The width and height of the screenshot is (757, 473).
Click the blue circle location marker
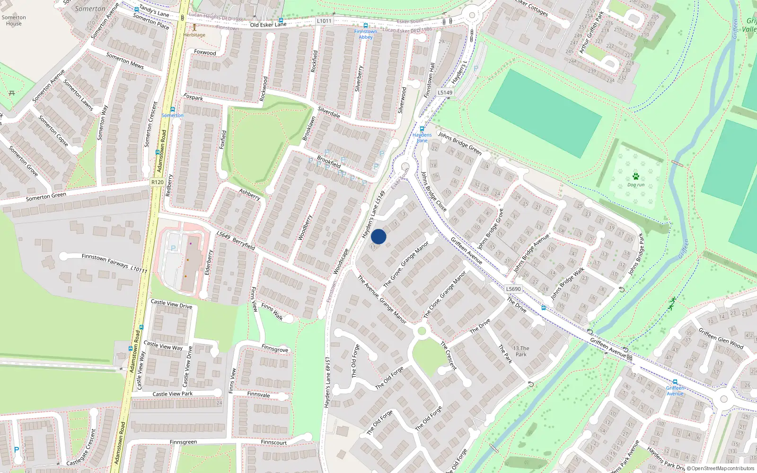pos(378,236)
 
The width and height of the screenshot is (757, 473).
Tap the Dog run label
pos(636,185)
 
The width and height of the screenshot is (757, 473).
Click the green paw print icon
pos(636,176)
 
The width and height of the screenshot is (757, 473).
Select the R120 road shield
pos(158,182)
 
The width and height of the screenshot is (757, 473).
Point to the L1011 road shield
pos(324,21)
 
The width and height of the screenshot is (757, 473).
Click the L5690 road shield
pos(513,289)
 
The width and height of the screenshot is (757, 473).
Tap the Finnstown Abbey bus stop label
pos(366,34)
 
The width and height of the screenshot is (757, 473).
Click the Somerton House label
pos(14,20)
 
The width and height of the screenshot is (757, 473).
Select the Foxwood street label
pos(205,53)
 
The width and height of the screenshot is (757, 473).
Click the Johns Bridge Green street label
pos(459,143)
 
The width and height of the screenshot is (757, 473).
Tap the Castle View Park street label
pos(172,394)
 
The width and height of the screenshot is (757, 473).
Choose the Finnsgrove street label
pos(274,349)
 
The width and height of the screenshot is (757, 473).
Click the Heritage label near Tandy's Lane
pos(194,35)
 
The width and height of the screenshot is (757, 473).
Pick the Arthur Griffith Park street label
pos(591,32)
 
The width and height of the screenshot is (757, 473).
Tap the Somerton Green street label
pos(46,196)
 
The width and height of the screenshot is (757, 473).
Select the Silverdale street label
pos(329,112)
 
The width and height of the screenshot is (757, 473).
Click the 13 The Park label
pos(521,351)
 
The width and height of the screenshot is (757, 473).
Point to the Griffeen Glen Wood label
pos(721,339)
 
